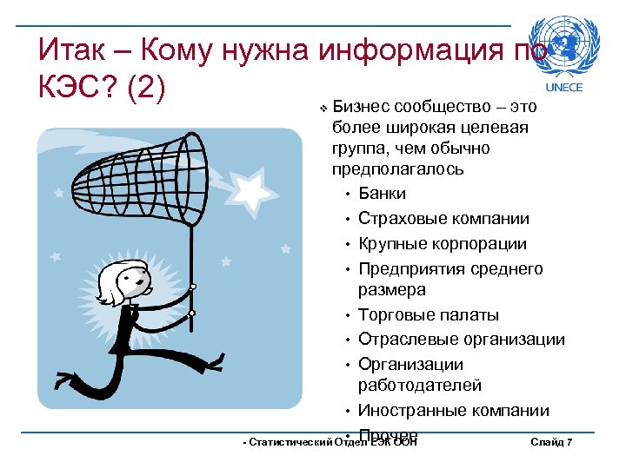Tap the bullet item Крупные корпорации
(443, 244)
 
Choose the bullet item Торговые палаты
(429, 314)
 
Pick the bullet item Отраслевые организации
(461, 340)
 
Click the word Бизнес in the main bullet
(360, 107)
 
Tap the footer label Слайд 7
(550, 443)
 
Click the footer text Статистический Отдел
(296, 443)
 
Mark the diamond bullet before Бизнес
(323, 109)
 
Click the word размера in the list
(392, 290)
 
